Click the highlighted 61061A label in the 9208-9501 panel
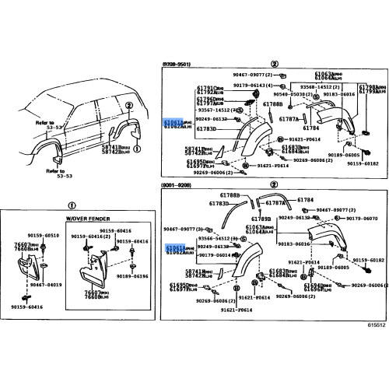173,122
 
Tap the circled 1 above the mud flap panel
72,206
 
